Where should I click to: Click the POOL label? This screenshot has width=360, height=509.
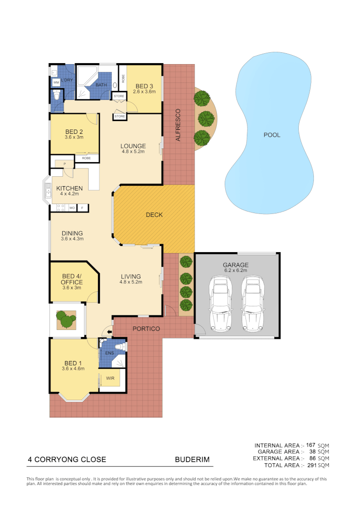272,135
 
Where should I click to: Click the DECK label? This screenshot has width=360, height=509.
154,215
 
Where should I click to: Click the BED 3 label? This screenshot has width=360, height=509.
144,86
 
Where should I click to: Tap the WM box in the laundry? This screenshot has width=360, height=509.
56,82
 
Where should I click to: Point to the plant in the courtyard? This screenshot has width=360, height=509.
66,320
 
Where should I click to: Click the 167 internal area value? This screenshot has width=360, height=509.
311,445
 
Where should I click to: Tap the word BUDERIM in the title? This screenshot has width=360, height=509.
192,460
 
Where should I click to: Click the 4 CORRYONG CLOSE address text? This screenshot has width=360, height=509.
67,460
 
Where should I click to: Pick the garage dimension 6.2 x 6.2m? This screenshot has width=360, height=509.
236,271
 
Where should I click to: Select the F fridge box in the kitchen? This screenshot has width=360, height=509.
82,207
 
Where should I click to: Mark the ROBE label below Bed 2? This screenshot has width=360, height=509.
86,158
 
